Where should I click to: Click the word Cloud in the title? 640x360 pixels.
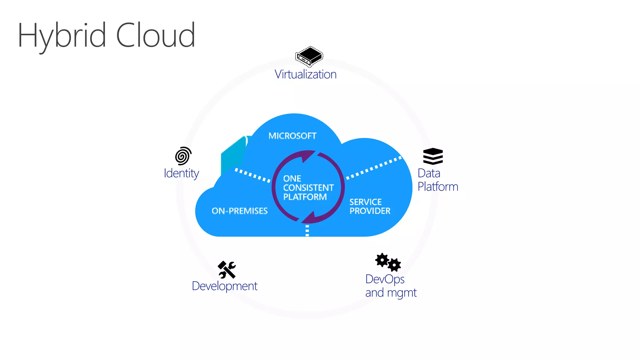(156, 35)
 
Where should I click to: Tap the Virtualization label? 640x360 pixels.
(305, 74)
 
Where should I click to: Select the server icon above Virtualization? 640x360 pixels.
(309, 57)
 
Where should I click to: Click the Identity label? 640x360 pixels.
(181, 173)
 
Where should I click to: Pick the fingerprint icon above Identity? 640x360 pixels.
(183, 156)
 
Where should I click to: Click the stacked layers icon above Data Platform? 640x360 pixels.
(433, 156)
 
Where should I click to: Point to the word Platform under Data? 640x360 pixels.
(438, 187)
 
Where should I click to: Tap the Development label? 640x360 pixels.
(224, 286)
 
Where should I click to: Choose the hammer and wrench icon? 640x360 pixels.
(227, 270)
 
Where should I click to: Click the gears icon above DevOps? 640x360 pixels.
(388, 262)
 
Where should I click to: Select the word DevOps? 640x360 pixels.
(385, 279)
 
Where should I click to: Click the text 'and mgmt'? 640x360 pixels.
(391, 293)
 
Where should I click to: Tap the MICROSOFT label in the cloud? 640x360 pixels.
(292, 136)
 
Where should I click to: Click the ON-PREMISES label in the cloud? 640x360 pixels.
(240, 211)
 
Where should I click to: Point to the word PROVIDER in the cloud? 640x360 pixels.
(370, 211)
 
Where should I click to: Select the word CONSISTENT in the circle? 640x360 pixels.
(308, 187)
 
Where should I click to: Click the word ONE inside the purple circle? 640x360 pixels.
(292, 178)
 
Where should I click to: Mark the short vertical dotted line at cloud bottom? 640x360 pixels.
(307, 230)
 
